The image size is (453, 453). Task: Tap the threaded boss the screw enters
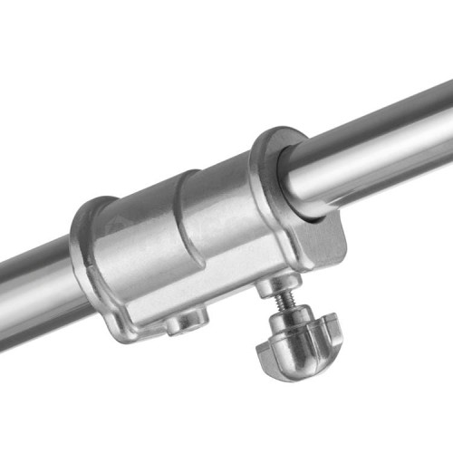273,287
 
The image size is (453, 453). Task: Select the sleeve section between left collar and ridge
140,245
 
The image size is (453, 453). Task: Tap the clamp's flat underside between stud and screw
226,304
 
